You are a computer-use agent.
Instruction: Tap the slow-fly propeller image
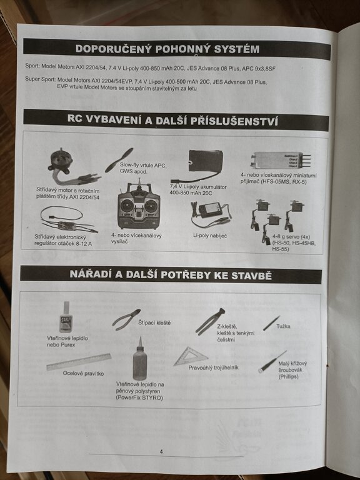119,160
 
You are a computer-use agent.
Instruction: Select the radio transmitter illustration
139,206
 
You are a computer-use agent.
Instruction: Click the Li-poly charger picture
210,214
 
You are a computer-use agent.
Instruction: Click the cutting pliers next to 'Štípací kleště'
126,320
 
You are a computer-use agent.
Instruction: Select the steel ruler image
79,362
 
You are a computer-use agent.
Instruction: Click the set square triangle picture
191,356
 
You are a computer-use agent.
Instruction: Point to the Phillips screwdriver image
272,362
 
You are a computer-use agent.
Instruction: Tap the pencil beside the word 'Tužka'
271,323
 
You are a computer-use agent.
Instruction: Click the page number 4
161,451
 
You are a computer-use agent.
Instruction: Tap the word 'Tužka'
283,326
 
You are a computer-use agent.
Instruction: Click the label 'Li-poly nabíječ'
210,236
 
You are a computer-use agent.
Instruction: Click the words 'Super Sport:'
41,79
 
